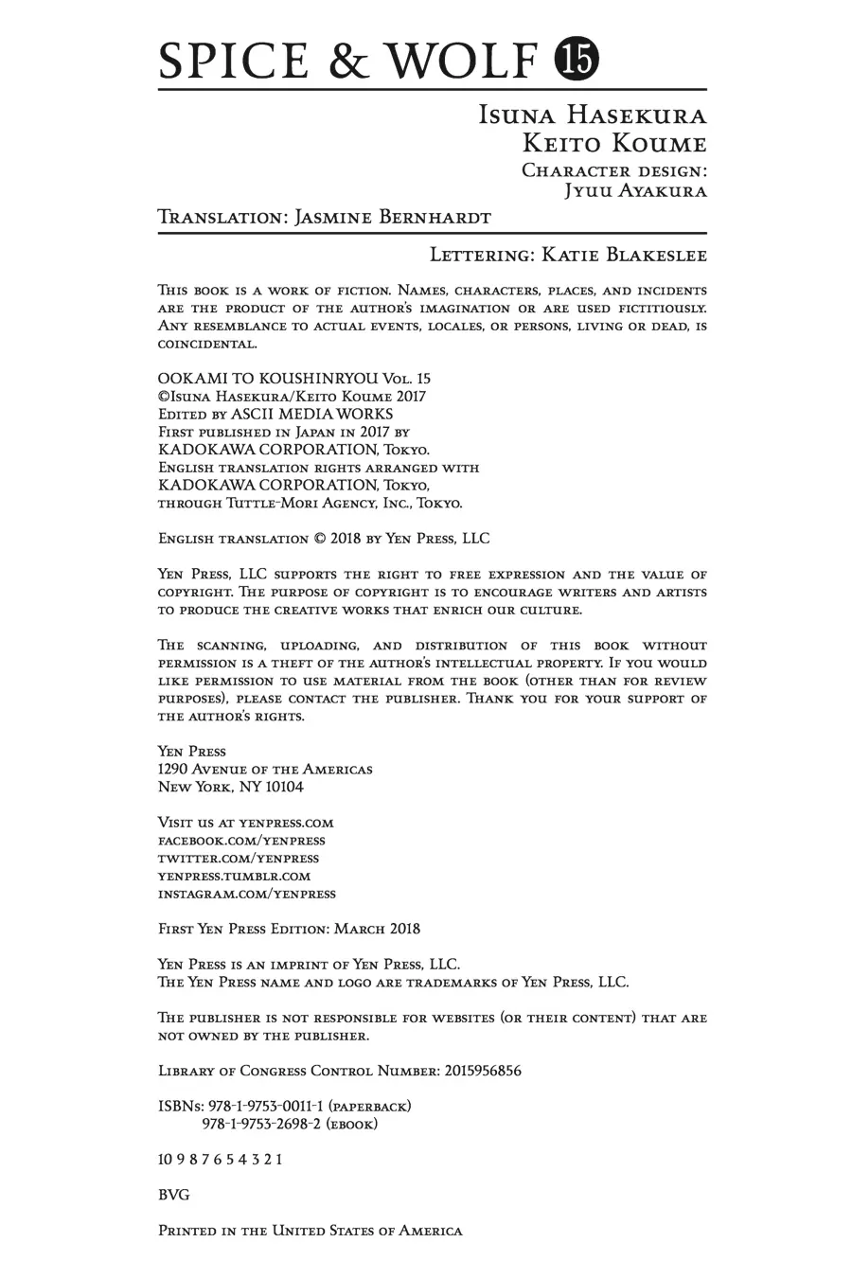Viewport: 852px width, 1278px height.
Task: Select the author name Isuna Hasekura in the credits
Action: point(593,115)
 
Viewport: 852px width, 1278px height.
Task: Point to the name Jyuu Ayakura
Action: point(635,190)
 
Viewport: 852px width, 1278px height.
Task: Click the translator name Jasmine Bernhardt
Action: point(393,217)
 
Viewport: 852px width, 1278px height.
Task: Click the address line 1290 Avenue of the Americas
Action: point(265,769)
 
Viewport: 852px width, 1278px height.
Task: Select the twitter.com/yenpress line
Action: point(239,858)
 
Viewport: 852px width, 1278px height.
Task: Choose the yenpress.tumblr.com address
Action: point(235,876)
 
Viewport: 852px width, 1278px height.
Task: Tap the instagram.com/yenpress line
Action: point(247,894)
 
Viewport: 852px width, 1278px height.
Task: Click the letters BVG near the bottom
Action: point(173,1195)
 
